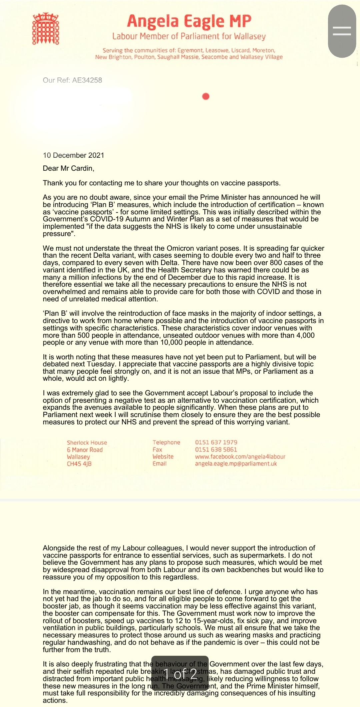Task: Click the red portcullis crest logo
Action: (x=46, y=29)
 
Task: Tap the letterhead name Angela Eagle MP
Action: (x=189, y=21)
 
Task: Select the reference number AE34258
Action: (x=87, y=80)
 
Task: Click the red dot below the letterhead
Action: (x=206, y=96)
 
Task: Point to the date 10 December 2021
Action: (x=73, y=155)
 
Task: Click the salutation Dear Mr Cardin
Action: (x=68, y=168)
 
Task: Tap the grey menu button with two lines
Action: (x=342, y=31)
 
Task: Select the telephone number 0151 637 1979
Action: (x=216, y=442)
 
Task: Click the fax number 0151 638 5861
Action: (x=216, y=449)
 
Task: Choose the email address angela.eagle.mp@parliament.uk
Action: (x=236, y=464)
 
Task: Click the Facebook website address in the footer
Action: (x=240, y=457)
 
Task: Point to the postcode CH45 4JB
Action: (x=79, y=464)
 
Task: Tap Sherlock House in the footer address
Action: (x=87, y=443)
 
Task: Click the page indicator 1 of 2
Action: (x=180, y=674)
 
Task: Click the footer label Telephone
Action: (x=166, y=442)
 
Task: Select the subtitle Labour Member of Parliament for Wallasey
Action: (x=189, y=36)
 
